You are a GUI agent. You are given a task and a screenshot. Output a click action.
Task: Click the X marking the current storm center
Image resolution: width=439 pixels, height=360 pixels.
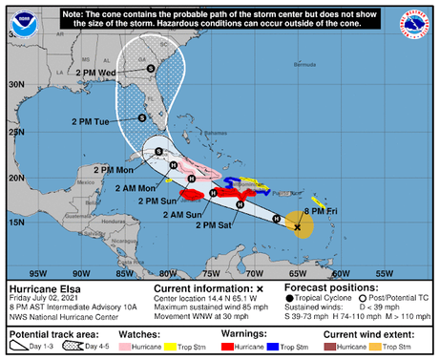click(x=298, y=227)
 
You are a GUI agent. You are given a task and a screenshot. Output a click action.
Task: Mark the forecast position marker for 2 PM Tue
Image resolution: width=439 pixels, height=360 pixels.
click(x=141, y=117)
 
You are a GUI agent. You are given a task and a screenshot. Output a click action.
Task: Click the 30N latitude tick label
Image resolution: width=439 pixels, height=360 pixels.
click(x=15, y=85)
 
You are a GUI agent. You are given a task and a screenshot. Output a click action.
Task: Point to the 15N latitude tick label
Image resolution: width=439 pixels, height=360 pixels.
click(x=15, y=222)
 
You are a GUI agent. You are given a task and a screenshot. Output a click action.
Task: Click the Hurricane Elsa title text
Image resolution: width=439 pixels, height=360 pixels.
click(x=39, y=286)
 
